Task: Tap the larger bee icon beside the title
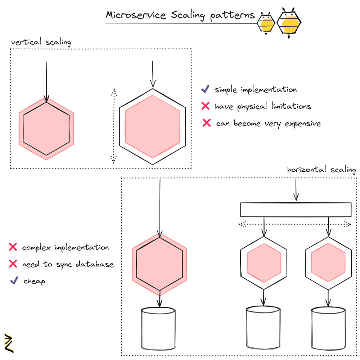pos(289,22)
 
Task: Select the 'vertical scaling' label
pos(41,42)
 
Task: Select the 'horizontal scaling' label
pos(321,170)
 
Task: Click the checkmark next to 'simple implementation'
pos(205,89)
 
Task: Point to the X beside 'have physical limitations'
pos(206,106)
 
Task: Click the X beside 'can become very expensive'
pos(206,123)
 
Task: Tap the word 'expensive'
pos(302,123)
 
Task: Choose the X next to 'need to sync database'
pos(13,264)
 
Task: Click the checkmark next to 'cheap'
pos(14,280)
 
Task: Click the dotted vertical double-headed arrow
pos(114,126)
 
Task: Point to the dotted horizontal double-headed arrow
pos(295,224)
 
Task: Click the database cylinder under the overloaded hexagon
pos(159,328)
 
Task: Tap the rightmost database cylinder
pos(328,328)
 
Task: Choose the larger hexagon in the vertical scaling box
pos(153,126)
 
